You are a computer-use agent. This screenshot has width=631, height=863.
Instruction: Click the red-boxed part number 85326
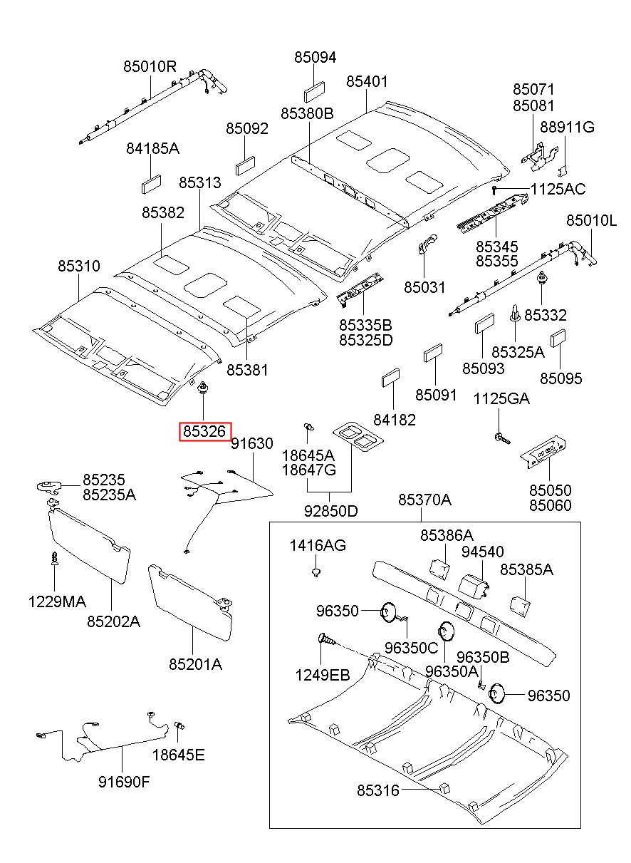point(204,431)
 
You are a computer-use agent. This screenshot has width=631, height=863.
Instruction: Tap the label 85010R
point(150,67)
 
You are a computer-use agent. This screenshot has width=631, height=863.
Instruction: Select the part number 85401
point(367,81)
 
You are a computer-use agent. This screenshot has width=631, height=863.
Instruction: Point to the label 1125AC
point(558,189)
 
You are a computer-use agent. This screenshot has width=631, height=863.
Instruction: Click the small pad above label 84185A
point(151,184)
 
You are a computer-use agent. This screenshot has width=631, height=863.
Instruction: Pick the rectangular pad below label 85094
point(314,92)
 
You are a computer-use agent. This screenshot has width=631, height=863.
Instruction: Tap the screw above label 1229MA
point(55,558)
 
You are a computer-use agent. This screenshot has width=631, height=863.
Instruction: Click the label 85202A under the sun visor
point(113,621)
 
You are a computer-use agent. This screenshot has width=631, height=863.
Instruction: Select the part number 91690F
point(124,782)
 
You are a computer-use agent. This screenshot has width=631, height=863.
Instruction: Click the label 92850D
point(330,511)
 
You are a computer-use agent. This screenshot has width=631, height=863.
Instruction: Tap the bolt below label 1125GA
point(501,438)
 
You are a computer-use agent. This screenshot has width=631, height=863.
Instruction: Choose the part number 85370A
point(424,500)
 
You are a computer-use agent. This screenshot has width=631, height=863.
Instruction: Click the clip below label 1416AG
point(316,572)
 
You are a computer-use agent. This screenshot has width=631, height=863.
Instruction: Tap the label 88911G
point(567,127)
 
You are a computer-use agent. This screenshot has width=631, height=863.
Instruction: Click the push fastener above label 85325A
point(516,313)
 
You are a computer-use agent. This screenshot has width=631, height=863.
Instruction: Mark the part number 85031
point(424,287)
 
